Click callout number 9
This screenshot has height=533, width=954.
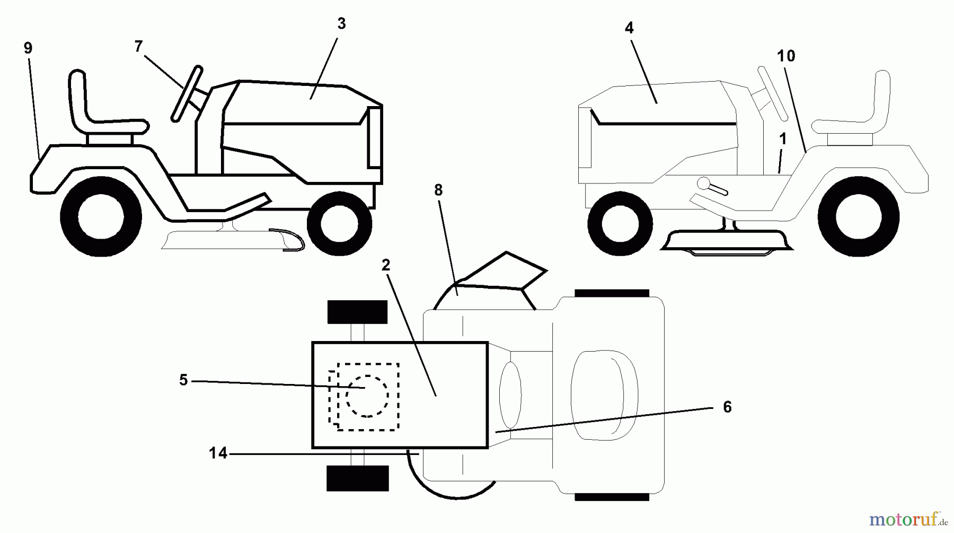pyautogui.click(x=28, y=48)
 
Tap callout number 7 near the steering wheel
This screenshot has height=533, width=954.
pyautogui.click(x=138, y=47)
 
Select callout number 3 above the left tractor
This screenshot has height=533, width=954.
pyautogui.click(x=341, y=23)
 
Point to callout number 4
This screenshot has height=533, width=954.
pyautogui.click(x=629, y=28)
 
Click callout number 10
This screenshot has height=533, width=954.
pyautogui.click(x=787, y=56)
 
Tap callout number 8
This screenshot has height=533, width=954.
pyautogui.click(x=438, y=190)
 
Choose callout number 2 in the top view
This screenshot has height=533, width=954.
pyautogui.click(x=386, y=265)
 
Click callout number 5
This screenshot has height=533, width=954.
pyautogui.click(x=183, y=380)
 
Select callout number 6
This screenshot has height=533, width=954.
pyautogui.click(x=727, y=407)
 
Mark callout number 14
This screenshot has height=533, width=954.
pyautogui.click(x=218, y=453)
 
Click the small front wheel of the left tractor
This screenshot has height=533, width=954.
pyautogui.click(x=339, y=223)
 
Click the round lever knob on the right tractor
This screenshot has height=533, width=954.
pyautogui.click(x=704, y=184)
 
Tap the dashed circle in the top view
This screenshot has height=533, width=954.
pyautogui.click(x=367, y=396)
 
